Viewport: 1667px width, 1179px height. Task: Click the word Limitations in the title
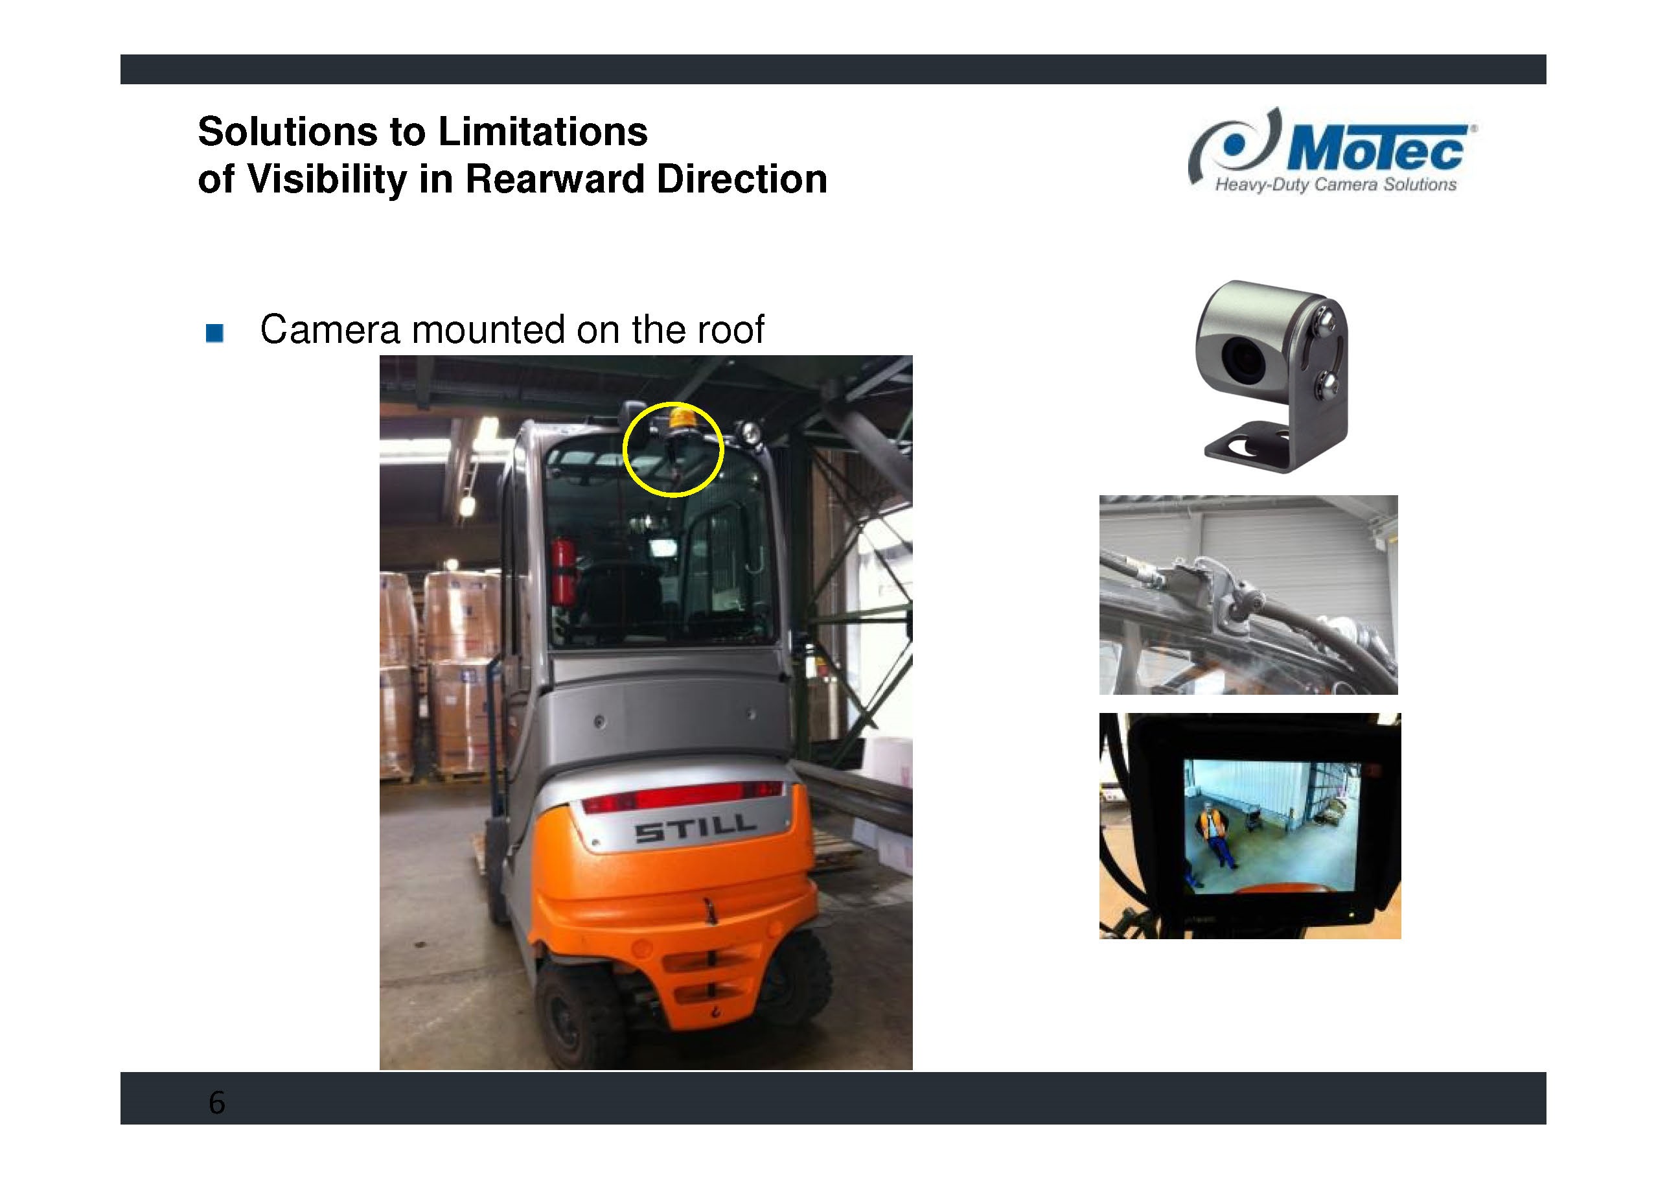(x=542, y=132)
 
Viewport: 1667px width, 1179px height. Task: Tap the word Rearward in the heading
(x=555, y=179)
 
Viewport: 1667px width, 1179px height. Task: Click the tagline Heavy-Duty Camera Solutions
(x=1335, y=185)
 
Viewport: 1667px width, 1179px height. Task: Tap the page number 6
(x=217, y=1103)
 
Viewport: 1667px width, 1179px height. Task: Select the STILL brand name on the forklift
(x=695, y=829)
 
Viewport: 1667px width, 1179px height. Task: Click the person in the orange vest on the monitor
(x=1214, y=835)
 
